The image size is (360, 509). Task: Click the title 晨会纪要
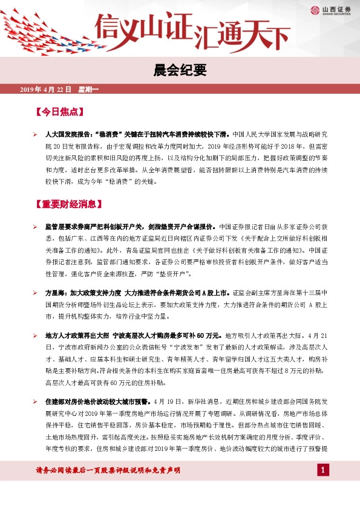(x=180, y=70)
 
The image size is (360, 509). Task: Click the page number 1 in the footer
(x=323, y=470)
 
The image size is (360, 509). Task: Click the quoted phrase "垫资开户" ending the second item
(x=174, y=274)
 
